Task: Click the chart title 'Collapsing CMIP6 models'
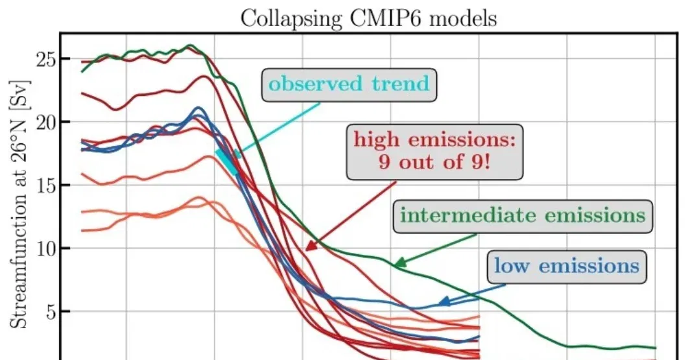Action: [368, 18]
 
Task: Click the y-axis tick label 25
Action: [43, 59]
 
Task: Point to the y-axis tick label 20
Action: [43, 122]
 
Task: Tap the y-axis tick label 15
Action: [43, 186]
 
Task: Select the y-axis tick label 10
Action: [43, 248]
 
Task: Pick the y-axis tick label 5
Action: [48, 312]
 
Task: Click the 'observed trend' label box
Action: [349, 84]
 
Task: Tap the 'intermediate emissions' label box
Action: [523, 215]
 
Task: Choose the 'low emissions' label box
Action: [566, 265]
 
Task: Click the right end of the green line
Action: [656, 348]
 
